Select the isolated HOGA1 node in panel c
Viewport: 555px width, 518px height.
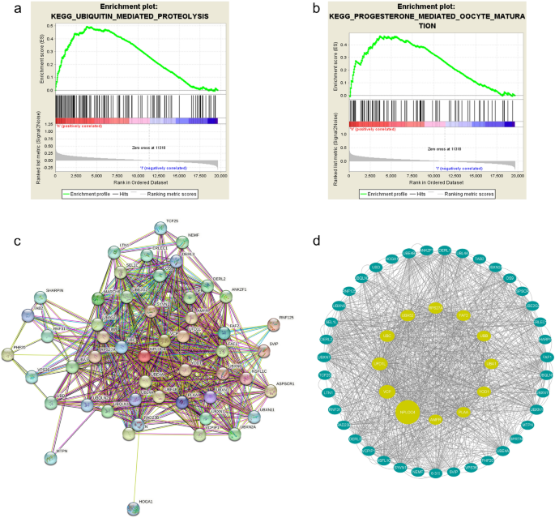click(133, 508)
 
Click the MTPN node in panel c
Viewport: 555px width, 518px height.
click(51, 457)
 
